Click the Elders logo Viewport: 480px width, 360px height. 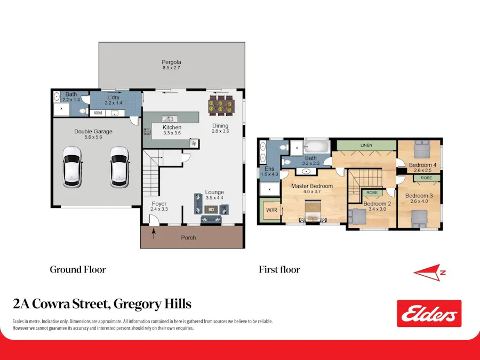pos(429,314)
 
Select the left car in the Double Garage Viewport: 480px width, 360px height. pos(72,166)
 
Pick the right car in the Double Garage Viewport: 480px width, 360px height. pos(119,166)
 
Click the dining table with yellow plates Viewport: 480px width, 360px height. pos(221,105)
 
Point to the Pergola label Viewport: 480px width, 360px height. pos(172,62)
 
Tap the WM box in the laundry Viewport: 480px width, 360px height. pos(98,113)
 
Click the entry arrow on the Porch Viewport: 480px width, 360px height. pos(154,234)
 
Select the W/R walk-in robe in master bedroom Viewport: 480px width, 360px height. pos(271,210)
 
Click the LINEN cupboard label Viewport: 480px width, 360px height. pos(366,145)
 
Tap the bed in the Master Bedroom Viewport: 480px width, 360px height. pos(312,211)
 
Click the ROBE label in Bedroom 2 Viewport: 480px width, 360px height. pos(372,193)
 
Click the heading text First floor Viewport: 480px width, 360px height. pos(279,270)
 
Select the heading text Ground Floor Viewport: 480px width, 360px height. pos(77,270)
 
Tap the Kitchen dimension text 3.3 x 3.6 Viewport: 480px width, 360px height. pos(172,133)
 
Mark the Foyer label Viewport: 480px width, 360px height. pos(159,204)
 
